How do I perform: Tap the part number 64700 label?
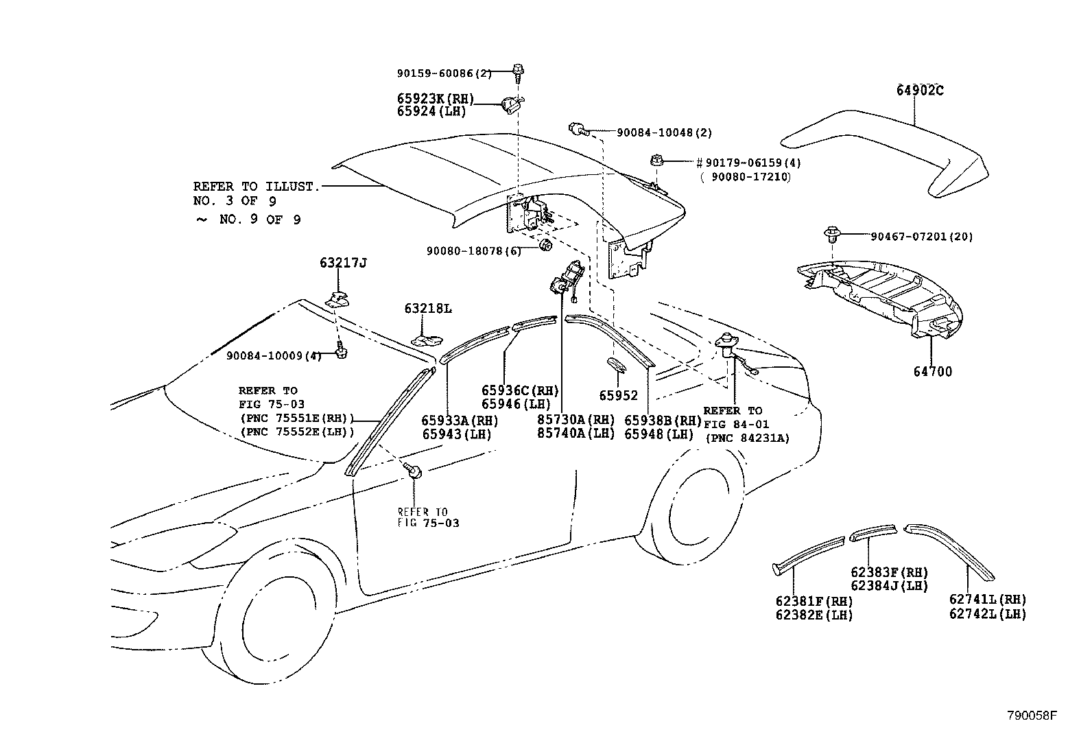point(932,372)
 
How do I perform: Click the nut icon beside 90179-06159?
point(654,162)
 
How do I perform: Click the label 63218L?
point(428,309)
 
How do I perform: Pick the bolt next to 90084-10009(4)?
point(340,352)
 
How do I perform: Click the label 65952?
point(618,396)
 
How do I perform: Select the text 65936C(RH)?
point(520,391)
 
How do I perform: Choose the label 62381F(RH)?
point(814,602)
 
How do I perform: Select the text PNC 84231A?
point(747,438)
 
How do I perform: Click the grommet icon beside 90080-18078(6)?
point(546,247)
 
